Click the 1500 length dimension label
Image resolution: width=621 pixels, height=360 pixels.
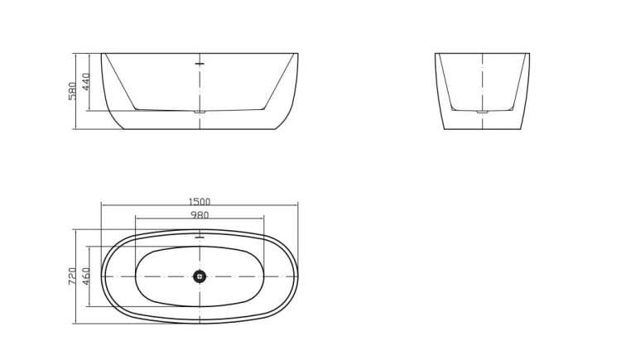tap(200, 202)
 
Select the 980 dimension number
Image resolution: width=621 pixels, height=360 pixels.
tap(200, 215)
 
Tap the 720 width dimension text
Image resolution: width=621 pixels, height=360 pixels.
tap(73, 276)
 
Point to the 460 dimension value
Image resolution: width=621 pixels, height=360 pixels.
tap(86, 276)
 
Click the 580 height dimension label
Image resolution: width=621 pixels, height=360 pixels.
tap(73, 91)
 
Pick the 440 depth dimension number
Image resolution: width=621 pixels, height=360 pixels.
tap(86, 82)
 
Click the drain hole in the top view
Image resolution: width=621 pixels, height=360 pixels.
tap(200, 276)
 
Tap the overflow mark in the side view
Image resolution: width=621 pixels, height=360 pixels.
tap(200, 64)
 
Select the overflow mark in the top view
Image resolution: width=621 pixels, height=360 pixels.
tap(200, 237)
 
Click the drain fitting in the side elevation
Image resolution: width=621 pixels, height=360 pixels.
tap(200, 112)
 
